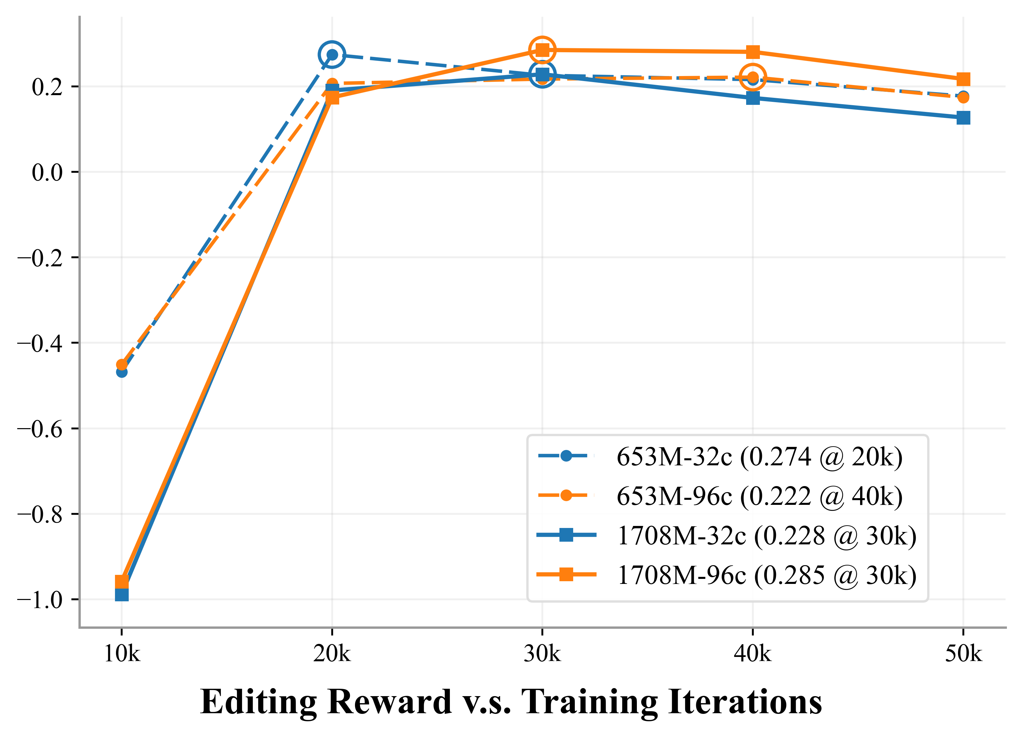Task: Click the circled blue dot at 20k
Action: coord(332,55)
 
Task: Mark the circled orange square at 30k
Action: coord(542,50)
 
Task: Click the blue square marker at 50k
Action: coord(963,118)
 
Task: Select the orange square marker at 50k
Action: coord(963,79)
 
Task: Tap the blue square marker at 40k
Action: coord(753,98)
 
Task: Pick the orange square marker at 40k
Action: coord(753,52)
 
